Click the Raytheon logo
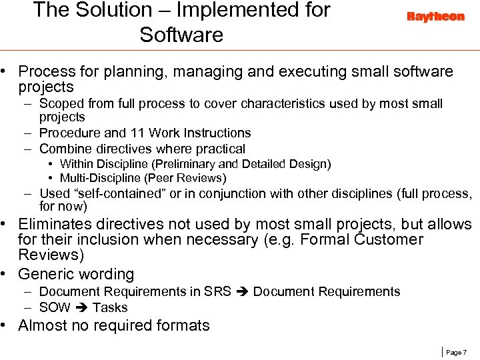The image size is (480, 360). pos(435,17)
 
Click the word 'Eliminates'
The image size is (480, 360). pos(59,224)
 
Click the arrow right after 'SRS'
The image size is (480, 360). pos(244,292)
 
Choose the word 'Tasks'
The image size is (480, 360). pos(110,307)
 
